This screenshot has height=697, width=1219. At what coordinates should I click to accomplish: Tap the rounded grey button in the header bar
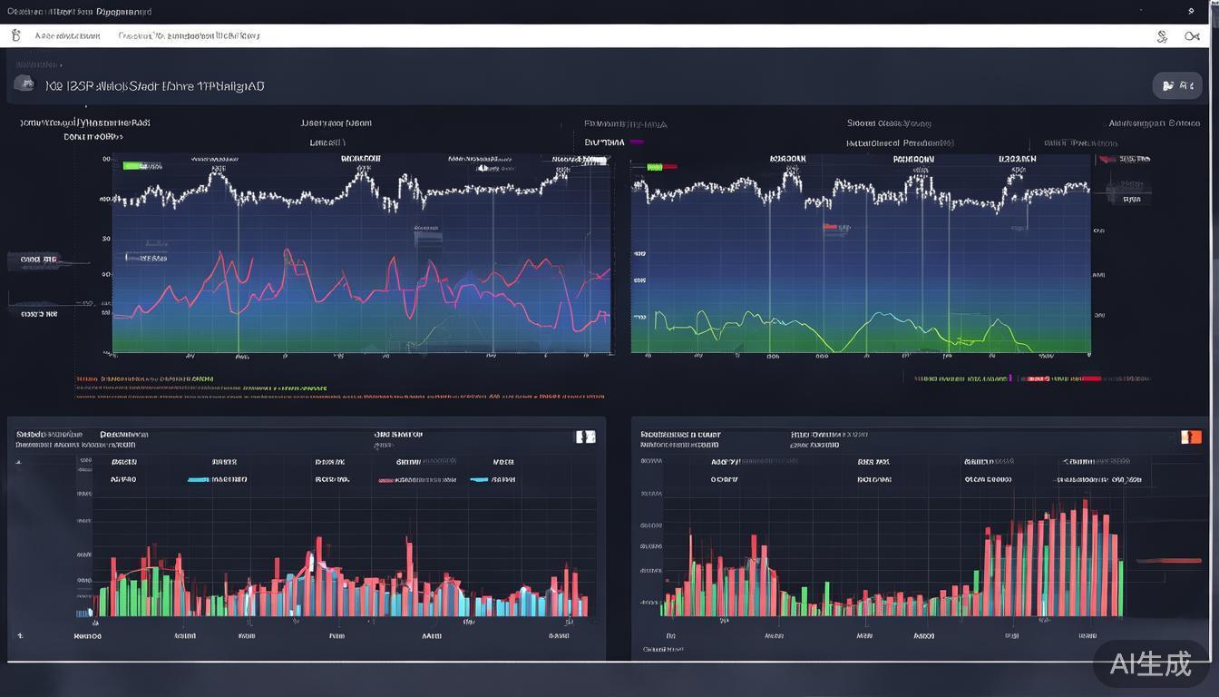coord(1177,86)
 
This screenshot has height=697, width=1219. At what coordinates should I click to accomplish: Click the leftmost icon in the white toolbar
coord(15,36)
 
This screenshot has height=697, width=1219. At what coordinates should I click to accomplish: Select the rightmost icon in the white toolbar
coord(1192,36)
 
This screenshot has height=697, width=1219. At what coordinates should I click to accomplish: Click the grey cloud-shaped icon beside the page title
coord(24,84)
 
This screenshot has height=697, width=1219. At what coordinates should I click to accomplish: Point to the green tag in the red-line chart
coord(133,166)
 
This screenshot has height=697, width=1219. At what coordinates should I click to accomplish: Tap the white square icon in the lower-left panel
coord(586,437)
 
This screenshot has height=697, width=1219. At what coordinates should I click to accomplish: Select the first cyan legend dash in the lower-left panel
coord(198,479)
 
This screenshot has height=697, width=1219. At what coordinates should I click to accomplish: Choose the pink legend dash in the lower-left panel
coord(385,479)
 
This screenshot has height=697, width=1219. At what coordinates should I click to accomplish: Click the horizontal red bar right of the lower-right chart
coord(1168,561)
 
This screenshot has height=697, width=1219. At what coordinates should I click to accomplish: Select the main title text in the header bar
coord(154,86)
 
